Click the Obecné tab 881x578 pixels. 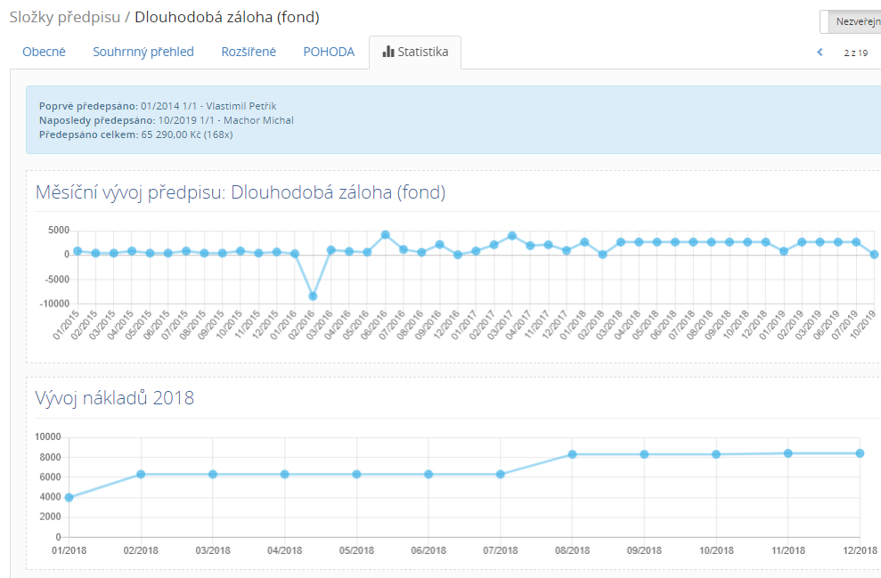point(44,52)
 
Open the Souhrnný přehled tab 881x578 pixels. point(143,52)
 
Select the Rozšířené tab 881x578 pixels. point(249,52)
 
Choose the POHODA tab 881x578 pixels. point(329,52)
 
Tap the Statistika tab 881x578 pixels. point(415,52)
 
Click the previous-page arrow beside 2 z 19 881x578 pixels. point(820,53)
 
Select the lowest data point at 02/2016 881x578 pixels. point(313,296)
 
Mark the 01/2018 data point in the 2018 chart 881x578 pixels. point(69,497)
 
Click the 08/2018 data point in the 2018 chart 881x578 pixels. point(573,454)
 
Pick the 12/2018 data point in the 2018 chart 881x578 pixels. point(861,453)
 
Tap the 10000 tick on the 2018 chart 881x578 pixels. point(46,436)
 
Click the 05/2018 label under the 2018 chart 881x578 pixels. point(356,551)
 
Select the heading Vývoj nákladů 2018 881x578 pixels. point(115,397)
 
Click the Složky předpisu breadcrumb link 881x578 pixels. point(63,17)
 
